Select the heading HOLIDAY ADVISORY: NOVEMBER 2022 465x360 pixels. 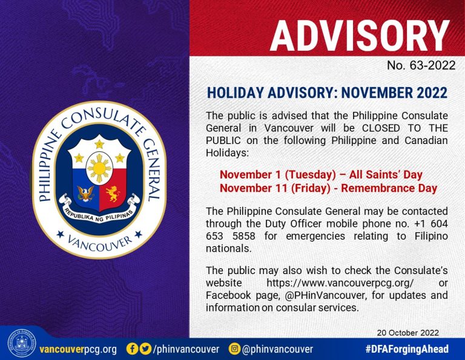(x=327, y=94)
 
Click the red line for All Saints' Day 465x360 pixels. (x=321, y=175)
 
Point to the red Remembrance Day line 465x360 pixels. (x=328, y=188)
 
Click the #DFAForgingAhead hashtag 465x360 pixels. (x=406, y=349)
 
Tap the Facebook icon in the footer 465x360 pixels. (x=131, y=349)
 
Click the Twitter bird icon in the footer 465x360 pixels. (x=145, y=349)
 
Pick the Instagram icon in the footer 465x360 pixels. (x=234, y=349)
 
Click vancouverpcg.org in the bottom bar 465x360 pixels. (x=77, y=349)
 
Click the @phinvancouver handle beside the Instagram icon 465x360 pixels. (x=277, y=349)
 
